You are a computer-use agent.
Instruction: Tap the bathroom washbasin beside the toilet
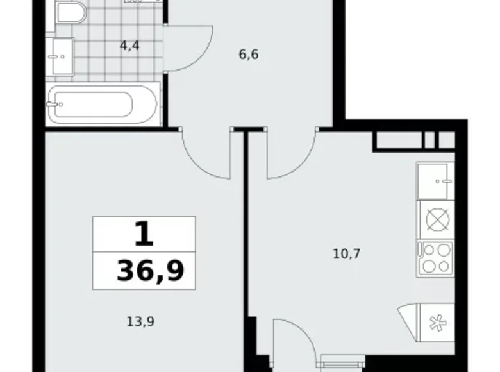(x=62, y=56)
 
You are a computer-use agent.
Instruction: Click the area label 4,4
(x=130, y=46)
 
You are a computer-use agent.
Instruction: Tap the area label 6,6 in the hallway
(x=249, y=54)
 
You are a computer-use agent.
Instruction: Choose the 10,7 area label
(x=346, y=253)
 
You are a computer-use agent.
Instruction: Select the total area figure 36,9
(x=150, y=272)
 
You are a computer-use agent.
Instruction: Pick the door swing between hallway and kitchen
(x=292, y=154)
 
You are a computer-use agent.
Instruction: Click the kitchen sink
(x=435, y=181)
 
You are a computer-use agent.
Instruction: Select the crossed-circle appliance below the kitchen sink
(x=435, y=219)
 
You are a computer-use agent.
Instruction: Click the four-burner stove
(x=435, y=258)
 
